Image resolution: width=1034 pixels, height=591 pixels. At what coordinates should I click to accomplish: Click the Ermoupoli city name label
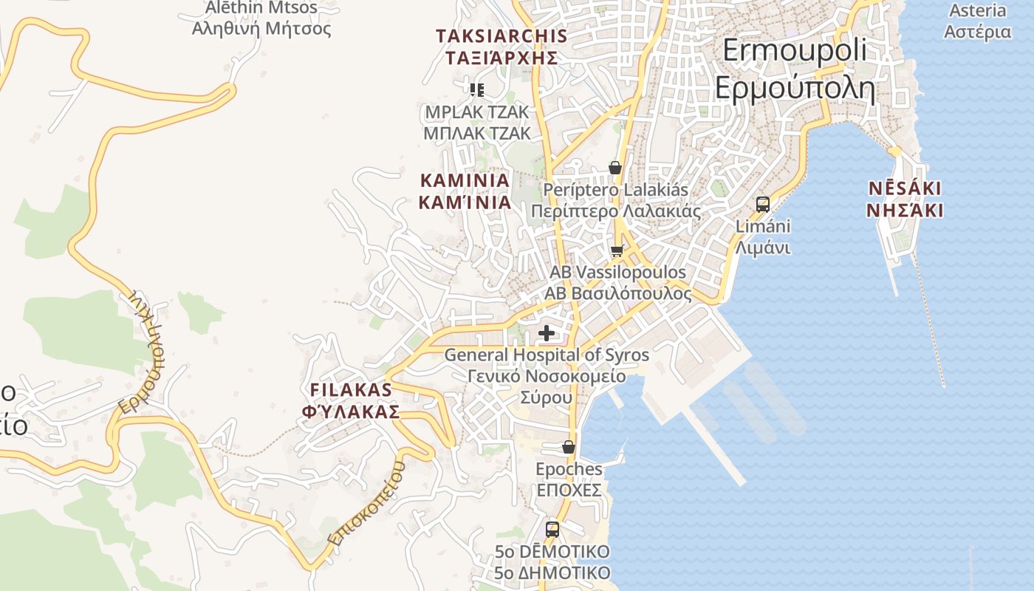tap(794, 51)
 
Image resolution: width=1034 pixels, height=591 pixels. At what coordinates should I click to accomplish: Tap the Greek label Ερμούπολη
tap(794, 89)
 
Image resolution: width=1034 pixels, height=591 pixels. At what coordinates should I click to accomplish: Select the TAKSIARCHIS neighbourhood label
tap(501, 36)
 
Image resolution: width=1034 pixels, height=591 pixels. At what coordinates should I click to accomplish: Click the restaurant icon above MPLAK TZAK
tap(477, 90)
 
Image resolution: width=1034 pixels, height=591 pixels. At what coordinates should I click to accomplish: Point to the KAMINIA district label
tap(465, 180)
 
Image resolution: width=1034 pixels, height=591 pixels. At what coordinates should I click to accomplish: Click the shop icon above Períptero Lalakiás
tap(615, 168)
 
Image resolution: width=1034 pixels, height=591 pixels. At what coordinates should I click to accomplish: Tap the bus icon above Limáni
tap(763, 205)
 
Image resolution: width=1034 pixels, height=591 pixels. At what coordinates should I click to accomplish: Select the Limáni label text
tap(763, 226)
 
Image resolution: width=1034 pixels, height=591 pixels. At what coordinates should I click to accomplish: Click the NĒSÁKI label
tap(905, 188)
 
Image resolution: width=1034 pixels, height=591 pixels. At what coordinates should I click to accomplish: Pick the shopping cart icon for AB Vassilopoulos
tap(617, 251)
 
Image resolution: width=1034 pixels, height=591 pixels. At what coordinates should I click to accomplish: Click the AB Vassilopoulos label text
tap(617, 273)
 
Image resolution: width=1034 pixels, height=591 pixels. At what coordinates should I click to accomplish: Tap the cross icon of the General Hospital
tap(547, 334)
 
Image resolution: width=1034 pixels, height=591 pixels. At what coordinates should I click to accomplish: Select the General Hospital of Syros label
tap(547, 355)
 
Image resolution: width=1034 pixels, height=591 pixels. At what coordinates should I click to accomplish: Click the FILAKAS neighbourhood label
tap(351, 389)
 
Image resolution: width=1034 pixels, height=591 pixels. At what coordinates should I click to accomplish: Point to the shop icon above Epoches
tap(568, 448)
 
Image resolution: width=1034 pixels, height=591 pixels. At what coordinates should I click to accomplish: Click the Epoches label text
tap(569, 469)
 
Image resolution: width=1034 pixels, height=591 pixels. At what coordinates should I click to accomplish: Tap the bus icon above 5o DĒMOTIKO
tap(552, 530)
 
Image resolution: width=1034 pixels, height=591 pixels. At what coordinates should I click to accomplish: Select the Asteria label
tap(977, 10)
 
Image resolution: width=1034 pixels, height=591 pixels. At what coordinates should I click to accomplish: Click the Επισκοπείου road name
tap(367, 504)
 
